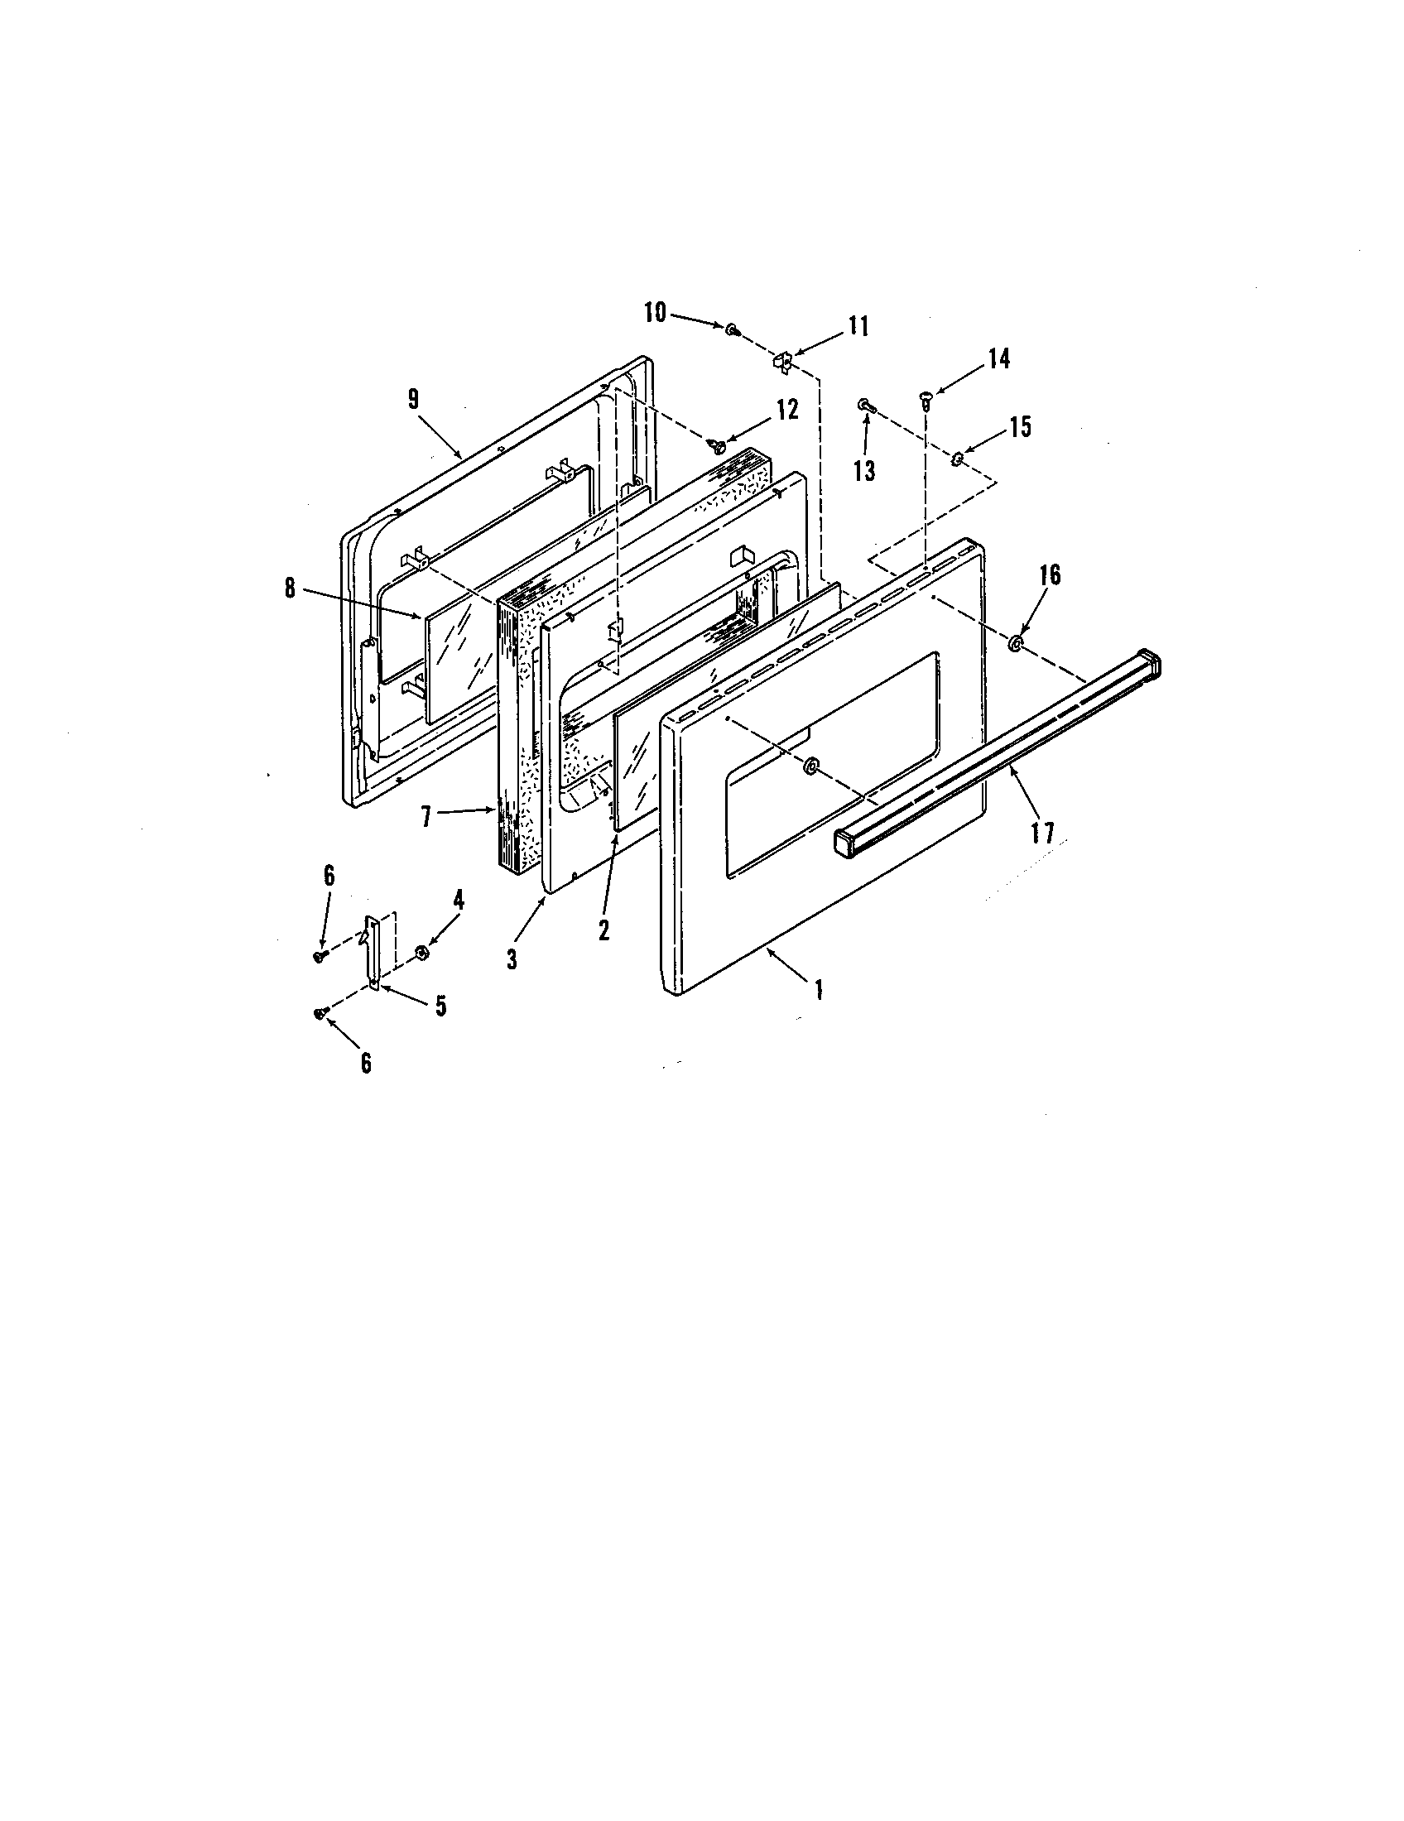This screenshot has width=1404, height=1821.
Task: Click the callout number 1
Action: click(819, 990)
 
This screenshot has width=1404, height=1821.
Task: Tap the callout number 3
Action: click(512, 959)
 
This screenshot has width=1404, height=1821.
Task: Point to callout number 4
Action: click(458, 900)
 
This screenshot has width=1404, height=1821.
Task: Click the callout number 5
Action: click(440, 1007)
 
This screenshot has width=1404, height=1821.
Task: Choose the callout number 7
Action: click(426, 816)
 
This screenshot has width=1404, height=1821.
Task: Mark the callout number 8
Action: click(289, 588)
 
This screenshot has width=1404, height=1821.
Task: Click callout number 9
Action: click(414, 399)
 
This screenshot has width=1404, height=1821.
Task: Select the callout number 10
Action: click(655, 314)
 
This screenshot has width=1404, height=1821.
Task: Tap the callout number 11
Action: click(858, 326)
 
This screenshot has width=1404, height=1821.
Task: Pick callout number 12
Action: click(787, 410)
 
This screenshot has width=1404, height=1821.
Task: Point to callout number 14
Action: click(999, 359)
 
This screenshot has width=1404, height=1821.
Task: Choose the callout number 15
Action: click(1021, 427)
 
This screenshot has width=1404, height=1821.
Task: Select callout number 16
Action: click(1050, 574)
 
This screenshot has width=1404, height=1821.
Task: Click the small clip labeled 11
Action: click(782, 362)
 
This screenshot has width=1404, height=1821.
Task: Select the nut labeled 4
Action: click(422, 950)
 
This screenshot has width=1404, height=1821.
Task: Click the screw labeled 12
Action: click(716, 446)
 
